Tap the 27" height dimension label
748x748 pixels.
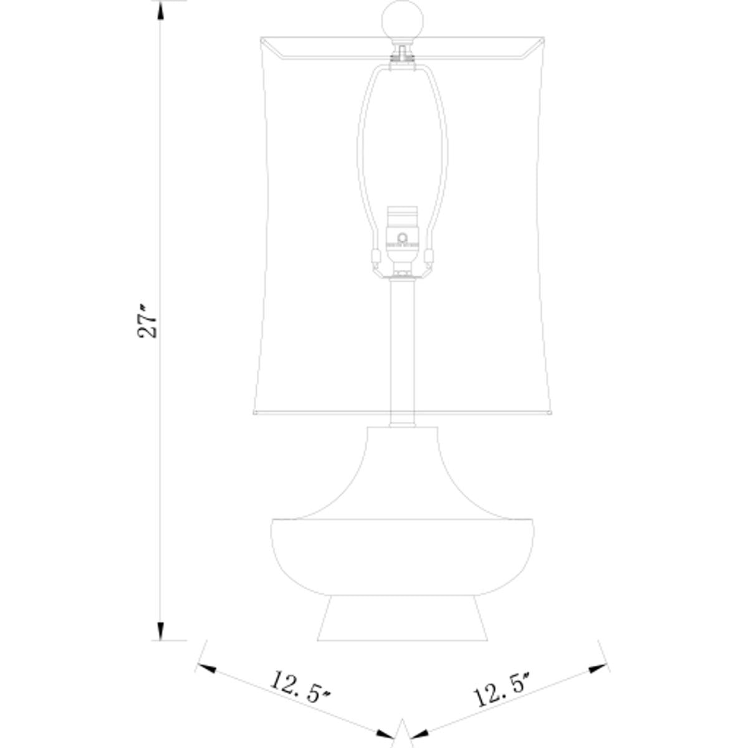(148, 322)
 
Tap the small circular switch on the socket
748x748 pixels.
(403, 237)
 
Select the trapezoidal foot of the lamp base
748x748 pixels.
(402, 621)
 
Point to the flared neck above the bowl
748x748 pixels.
(402, 474)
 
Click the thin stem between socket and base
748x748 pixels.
(403, 349)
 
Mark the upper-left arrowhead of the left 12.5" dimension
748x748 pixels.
(206, 668)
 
